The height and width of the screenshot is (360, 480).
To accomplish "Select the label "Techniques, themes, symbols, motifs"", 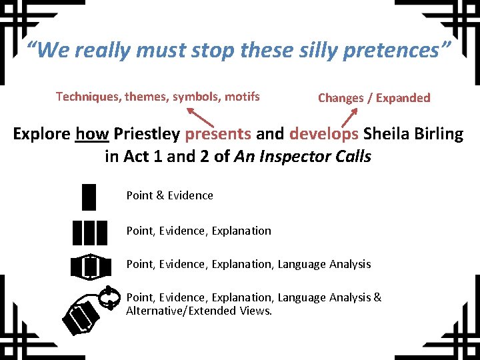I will point(158,97).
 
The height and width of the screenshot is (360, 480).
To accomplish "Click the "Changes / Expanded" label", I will point(374,98).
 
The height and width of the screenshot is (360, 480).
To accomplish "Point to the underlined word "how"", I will point(92,134).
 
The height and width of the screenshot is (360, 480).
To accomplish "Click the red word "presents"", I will point(218,134).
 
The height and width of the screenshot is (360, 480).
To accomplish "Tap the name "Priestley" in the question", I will point(147,134).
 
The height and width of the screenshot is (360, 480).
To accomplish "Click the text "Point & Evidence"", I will point(170,195).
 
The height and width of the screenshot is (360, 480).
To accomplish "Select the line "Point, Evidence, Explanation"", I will point(199,231).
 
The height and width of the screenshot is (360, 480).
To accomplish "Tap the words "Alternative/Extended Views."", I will point(199,310).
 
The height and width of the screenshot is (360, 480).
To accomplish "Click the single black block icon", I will point(89,196).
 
